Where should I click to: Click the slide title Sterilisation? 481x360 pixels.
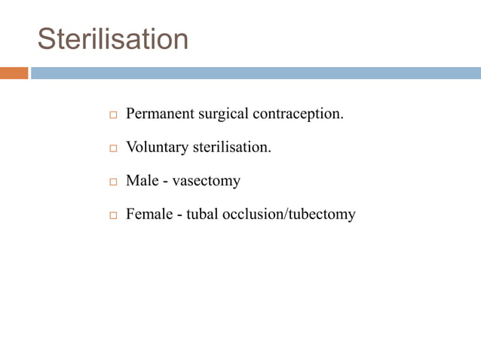(113, 38)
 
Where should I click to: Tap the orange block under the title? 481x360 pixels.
(14, 73)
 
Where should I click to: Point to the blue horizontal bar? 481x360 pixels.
(256, 73)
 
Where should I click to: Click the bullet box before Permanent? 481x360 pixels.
(113, 116)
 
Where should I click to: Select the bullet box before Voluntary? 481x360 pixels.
(113, 149)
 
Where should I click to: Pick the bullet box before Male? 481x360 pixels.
(113, 182)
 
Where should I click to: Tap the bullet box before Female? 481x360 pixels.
(113, 215)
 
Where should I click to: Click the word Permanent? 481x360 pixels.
(157, 114)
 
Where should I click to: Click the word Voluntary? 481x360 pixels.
(157, 148)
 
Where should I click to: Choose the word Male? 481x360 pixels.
(142, 181)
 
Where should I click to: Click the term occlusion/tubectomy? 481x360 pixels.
(291, 214)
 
